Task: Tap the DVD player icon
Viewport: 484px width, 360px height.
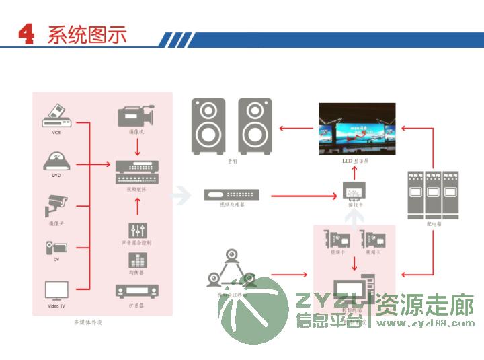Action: pyautogui.click(x=56, y=161)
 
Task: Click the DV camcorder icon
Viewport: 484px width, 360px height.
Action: pyautogui.click(x=55, y=248)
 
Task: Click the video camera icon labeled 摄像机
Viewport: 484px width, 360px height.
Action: pyautogui.click(x=136, y=116)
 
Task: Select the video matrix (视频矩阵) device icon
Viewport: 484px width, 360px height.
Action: pyautogui.click(x=138, y=172)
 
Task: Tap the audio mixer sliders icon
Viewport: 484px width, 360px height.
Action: pyautogui.click(x=138, y=228)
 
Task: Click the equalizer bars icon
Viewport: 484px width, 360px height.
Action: pyautogui.click(x=138, y=259)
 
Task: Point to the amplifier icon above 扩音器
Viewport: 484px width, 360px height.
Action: pyautogui.click(x=138, y=291)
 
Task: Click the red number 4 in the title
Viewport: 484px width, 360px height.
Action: pyautogui.click(x=26, y=35)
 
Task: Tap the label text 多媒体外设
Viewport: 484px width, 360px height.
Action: pyautogui.click(x=89, y=322)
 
